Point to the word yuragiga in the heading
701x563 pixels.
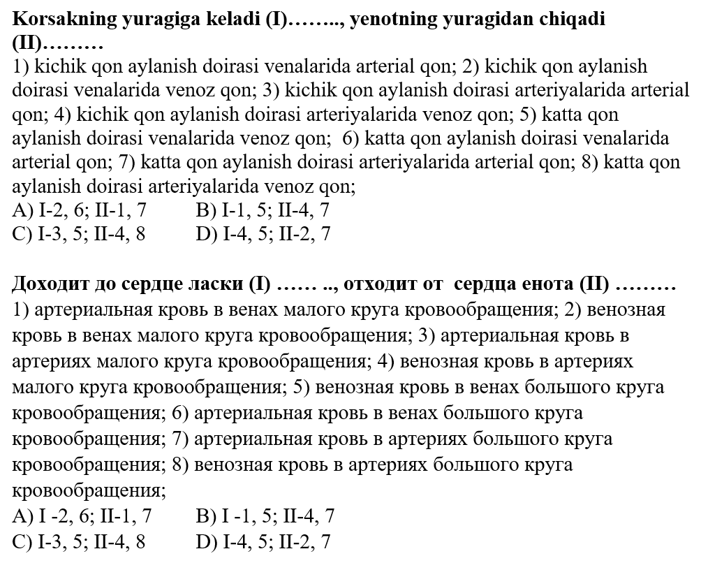tap(158, 19)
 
